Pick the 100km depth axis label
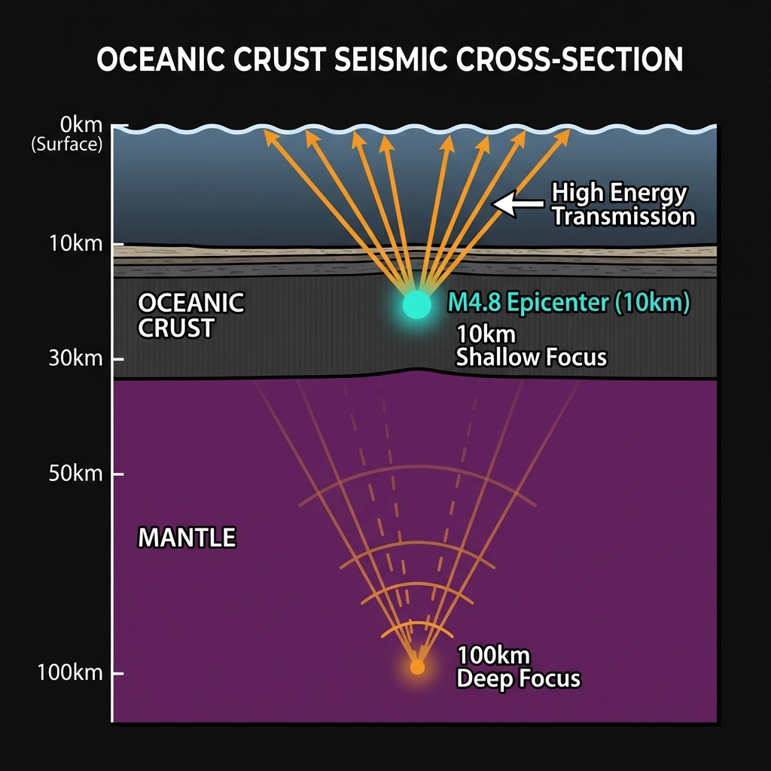(70, 672)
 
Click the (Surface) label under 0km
(66, 144)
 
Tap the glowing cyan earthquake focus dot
(416, 305)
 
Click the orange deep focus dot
(417, 666)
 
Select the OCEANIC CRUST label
(190, 315)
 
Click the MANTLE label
(187, 538)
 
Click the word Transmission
(623, 216)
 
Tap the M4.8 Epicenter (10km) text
(568, 303)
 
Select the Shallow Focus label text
(531, 356)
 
